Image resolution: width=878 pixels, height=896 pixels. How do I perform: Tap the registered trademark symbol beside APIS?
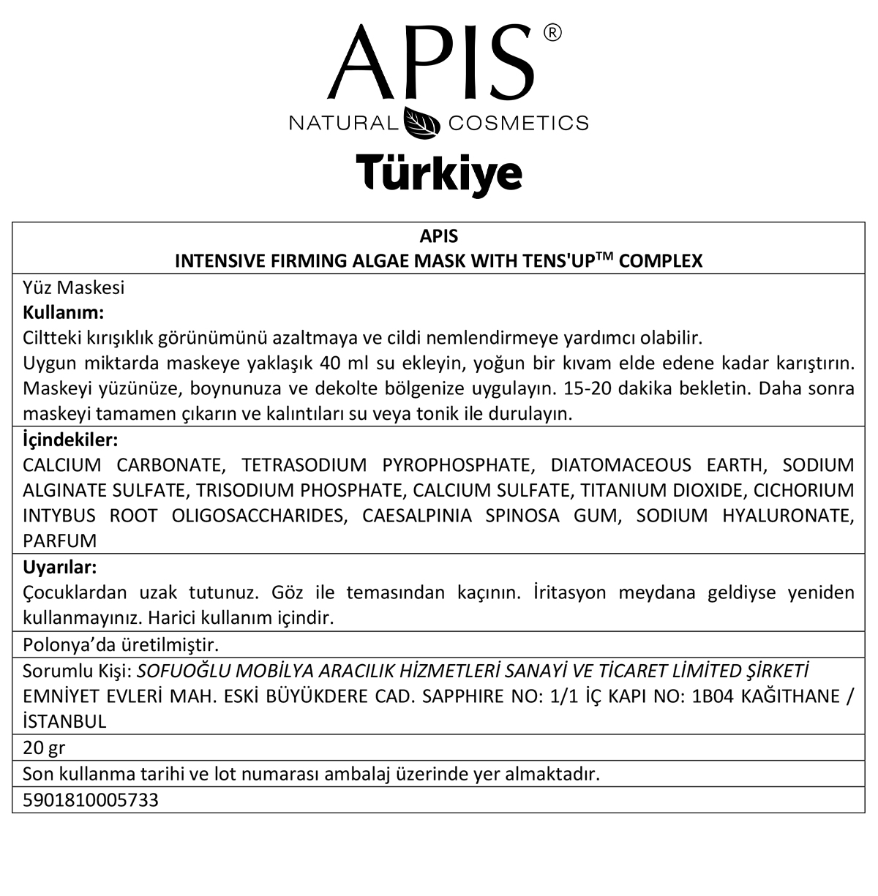(x=553, y=33)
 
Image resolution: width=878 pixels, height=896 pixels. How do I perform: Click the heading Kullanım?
(x=64, y=312)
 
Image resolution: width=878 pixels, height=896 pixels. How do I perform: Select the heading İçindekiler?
(x=70, y=440)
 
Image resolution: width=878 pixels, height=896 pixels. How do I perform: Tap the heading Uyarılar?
(x=60, y=567)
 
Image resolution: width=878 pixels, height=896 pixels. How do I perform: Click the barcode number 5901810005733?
(x=91, y=800)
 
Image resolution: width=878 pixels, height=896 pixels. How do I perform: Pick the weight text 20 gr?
(x=44, y=748)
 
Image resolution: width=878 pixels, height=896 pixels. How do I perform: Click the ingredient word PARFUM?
(x=60, y=541)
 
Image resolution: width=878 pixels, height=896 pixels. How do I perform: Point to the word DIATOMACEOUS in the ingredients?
(x=620, y=465)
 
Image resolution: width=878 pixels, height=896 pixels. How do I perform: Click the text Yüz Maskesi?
(x=74, y=287)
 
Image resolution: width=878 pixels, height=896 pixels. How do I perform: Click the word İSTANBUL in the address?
(x=65, y=721)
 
